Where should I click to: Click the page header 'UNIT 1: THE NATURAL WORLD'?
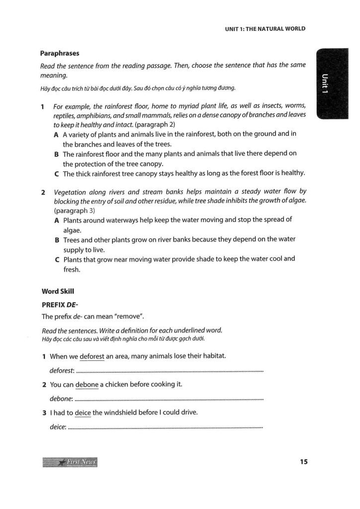coord(265,28)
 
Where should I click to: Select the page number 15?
coord(304,462)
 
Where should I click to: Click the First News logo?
coord(70,462)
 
